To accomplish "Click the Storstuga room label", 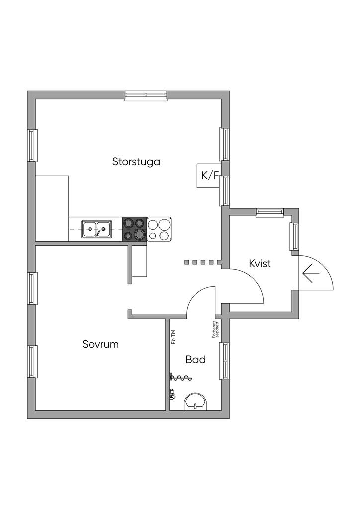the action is (x=136, y=162).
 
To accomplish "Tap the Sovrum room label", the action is (x=100, y=344).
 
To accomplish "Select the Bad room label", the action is (x=196, y=359).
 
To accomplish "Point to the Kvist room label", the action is (x=260, y=263).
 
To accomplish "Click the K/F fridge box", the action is (x=209, y=175).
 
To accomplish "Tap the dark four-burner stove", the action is (x=135, y=229).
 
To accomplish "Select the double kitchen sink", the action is (x=96, y=229).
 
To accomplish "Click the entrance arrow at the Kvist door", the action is (x=311, y=273).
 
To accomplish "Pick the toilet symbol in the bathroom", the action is (x=195, y=401).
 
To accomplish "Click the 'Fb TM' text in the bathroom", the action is (x=173, y=337).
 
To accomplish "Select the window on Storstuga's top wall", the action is (x=146, y=95).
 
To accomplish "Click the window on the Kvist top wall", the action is (x=269, y=212).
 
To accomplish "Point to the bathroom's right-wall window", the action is (x=224, y=361).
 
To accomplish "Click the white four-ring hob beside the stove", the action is (x=159, y=229).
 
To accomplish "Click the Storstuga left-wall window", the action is (x=32, y=145).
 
